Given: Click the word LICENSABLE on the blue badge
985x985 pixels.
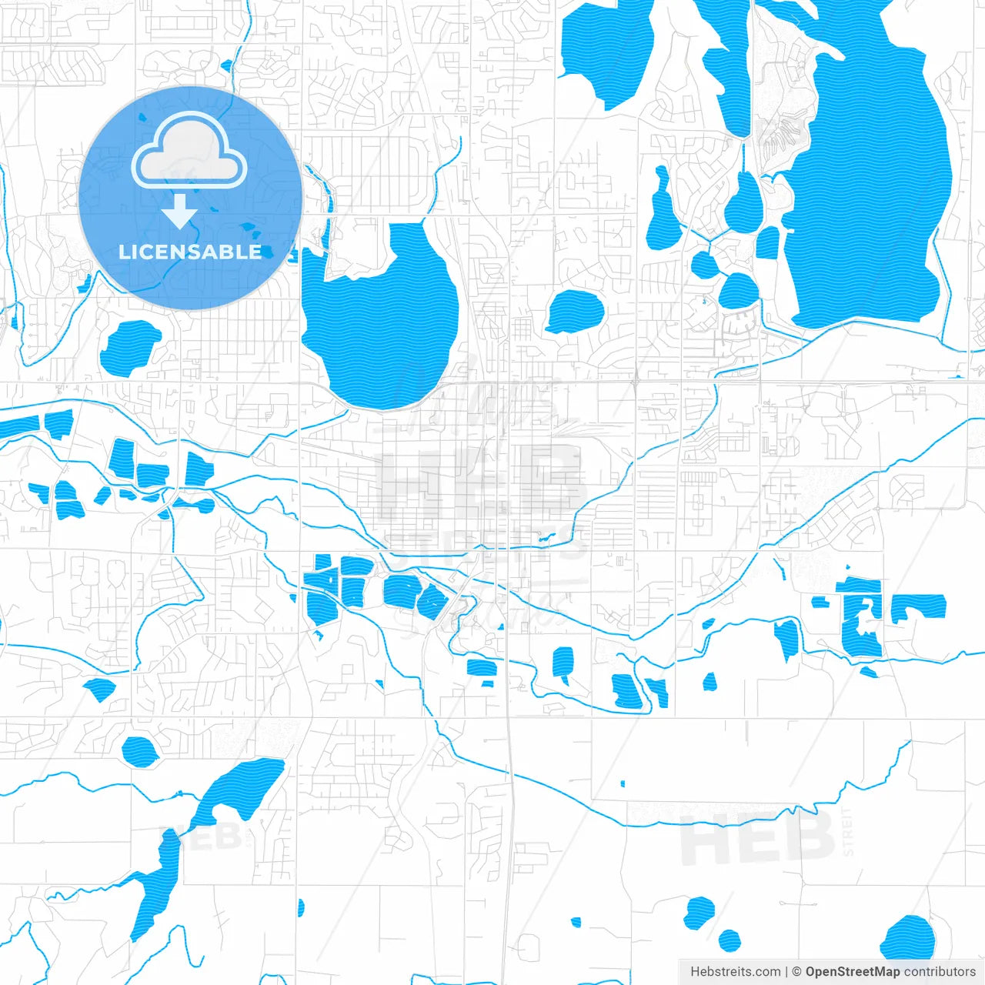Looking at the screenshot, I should click(190, 252).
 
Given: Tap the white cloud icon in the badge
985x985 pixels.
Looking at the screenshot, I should click(189, 152).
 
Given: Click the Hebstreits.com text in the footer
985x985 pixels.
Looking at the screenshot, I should click(735, 972).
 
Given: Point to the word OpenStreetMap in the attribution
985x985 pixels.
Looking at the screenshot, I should click(853, 972).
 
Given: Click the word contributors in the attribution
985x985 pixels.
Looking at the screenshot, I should click(940, 972).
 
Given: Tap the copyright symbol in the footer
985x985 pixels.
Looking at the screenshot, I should click(796, 972).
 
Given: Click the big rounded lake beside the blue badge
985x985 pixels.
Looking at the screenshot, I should click(385, 323).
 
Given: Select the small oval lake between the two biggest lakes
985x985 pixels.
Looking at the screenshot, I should click(575, 312).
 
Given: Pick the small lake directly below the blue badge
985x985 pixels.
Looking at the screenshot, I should click(129, 346).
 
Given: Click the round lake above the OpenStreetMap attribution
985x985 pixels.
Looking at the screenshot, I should click(908, 939).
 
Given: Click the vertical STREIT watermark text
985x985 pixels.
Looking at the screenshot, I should click(848, 831).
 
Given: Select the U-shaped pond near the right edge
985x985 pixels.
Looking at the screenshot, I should click(862, 623).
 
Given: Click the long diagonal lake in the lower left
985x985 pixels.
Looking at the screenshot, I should click(158, 885).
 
